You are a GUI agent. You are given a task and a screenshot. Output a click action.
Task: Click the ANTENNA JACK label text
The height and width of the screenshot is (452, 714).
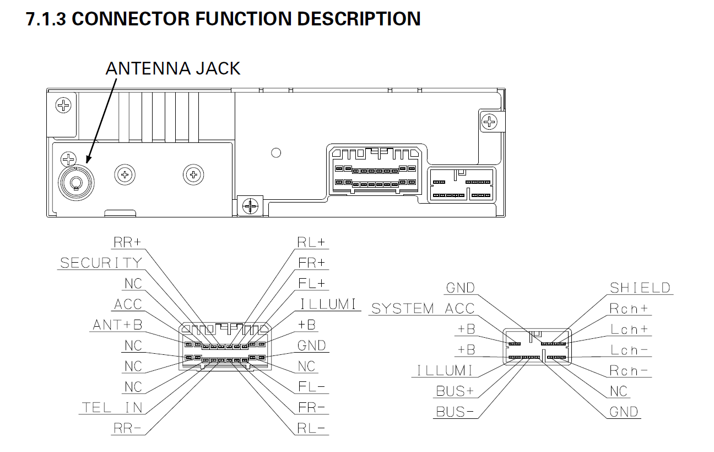(173, 68)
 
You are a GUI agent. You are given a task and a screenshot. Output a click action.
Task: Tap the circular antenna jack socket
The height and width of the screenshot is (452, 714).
(76, 183)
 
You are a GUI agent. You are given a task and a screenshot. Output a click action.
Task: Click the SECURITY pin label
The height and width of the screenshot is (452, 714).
(101, 263)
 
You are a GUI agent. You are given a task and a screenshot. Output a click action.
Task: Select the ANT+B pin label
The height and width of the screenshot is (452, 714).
(117, 325)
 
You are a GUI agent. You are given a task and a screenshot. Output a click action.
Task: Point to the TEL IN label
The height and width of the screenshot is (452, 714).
(112, 407)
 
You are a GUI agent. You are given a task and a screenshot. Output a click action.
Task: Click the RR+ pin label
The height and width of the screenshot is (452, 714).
(127, 242)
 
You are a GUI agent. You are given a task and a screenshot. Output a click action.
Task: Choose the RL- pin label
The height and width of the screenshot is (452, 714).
(311, 428)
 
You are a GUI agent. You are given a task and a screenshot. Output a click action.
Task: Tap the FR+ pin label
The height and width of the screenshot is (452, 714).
(311, 263)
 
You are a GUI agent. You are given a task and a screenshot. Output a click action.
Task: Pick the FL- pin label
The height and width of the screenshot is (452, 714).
(311, 386)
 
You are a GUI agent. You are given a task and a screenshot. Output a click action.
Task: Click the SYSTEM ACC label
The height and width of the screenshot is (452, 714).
(423, 309)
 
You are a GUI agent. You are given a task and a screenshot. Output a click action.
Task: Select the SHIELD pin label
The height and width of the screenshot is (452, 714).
(640, 288)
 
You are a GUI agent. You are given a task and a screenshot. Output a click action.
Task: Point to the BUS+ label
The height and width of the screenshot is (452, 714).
(455, 391)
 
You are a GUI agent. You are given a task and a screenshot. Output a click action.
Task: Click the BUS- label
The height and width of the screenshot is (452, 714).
(455, 412)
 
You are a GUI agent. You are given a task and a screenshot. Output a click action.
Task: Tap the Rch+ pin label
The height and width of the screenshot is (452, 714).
(629, 309)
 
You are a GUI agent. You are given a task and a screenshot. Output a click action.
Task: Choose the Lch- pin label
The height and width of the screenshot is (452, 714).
(629, 350)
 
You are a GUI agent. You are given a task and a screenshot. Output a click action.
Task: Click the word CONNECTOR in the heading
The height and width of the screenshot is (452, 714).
(131, 19)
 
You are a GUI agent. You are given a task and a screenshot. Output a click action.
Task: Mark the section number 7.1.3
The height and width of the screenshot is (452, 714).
(46, 19)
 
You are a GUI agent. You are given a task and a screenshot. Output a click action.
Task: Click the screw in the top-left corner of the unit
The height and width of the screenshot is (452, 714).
(63, 105)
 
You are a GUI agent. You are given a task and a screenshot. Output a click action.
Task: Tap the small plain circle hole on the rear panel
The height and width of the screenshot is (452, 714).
(276, 153)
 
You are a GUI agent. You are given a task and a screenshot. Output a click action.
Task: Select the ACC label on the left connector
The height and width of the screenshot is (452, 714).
(128, 304)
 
